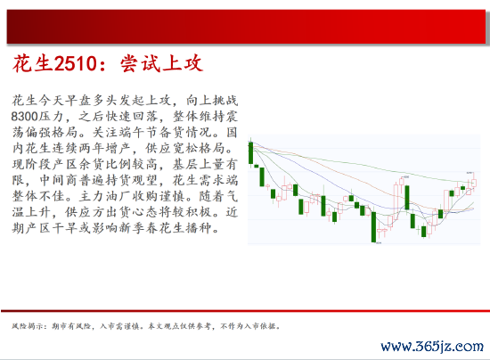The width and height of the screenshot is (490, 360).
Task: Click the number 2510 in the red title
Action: [x=76, y=63]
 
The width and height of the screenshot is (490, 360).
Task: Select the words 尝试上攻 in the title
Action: [x=161, y=63]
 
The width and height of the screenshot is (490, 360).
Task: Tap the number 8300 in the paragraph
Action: [x=24, y=117]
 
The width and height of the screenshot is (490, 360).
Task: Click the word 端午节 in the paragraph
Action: [x=139, y=133]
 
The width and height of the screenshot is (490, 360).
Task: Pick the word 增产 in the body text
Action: [x=119, y=149]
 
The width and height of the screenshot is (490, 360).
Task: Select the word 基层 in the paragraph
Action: [x=185, y=164]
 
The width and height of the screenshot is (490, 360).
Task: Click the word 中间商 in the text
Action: [x=59, y=181]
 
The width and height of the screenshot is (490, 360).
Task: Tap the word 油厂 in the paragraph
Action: [x=112, y=196]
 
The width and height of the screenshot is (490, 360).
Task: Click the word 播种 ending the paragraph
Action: [x=199, y=228]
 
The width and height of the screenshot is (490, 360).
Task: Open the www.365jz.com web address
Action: [x=432, y=347]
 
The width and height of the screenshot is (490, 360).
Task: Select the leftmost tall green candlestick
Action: [x=250, y=152]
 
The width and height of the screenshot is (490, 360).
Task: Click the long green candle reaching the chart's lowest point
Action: [x=373, y=226]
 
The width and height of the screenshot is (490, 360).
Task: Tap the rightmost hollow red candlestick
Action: [x=474, y=182]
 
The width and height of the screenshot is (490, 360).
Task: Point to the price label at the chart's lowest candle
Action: [x=379, y=242]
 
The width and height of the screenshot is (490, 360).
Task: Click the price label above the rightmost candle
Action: [x=469, y=172]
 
